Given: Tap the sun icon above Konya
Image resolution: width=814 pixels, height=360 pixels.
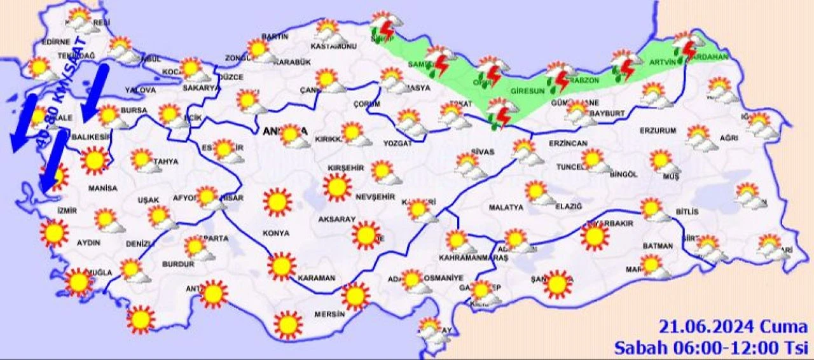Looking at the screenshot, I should (277, 202).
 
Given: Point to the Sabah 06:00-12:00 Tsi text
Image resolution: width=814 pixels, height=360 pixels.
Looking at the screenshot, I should (710, 348).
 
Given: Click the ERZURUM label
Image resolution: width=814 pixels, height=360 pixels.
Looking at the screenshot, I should (657, 131).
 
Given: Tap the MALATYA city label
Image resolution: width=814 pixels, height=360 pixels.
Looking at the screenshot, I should (506, 207).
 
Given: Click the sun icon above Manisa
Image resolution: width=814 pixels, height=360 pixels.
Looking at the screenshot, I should (95, 160).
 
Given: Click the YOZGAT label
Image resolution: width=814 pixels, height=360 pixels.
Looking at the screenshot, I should (398, 143).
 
